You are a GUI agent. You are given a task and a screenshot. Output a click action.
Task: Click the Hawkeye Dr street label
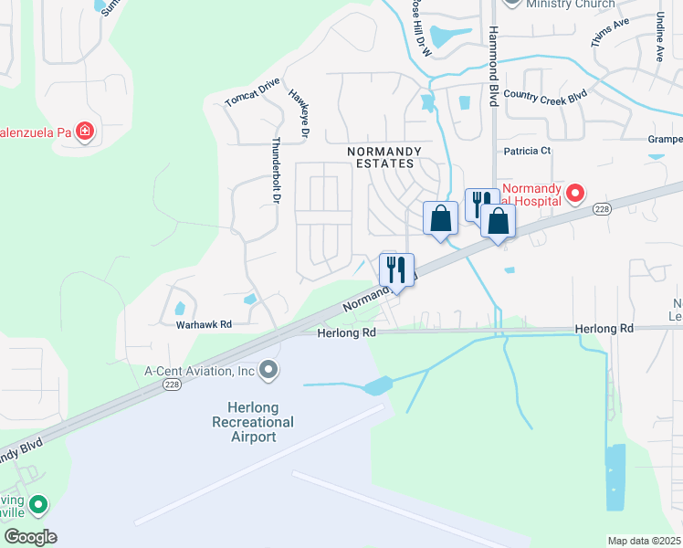pos(299,113)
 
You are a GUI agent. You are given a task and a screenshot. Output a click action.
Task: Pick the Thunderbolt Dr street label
pos(275,170)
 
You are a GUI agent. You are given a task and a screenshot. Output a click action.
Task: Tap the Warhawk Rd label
pos(205,324)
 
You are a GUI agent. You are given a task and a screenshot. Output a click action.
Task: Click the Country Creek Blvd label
pos(544,95)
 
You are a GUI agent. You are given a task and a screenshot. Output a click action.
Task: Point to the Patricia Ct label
pos(528,151)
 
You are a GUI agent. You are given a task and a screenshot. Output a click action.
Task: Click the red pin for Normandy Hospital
pos(575,193)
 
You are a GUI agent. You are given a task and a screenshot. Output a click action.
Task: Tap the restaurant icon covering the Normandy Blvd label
pos(396,270)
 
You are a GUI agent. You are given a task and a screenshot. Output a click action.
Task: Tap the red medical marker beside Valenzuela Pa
pos(85,132)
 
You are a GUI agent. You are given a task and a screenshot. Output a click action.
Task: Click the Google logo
pos(30,536)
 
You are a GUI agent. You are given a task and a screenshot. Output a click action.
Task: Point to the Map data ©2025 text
pos(644,541)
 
